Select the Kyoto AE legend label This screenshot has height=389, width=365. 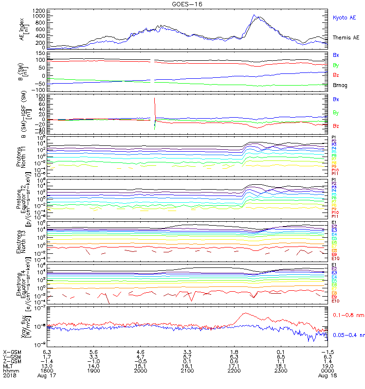(344, 18)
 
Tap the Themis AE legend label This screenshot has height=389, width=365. (346, 37)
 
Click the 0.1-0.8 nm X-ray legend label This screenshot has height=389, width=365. (345, 315)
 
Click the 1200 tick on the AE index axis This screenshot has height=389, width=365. (40, 10)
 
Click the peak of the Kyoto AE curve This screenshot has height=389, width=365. (254, 15)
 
